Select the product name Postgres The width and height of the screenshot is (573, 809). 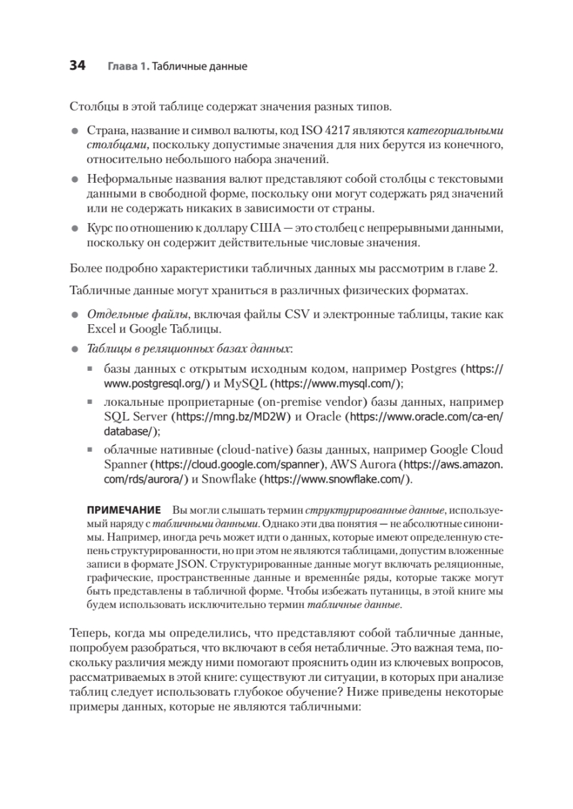(432, 369)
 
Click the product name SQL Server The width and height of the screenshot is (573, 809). (136, 416)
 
